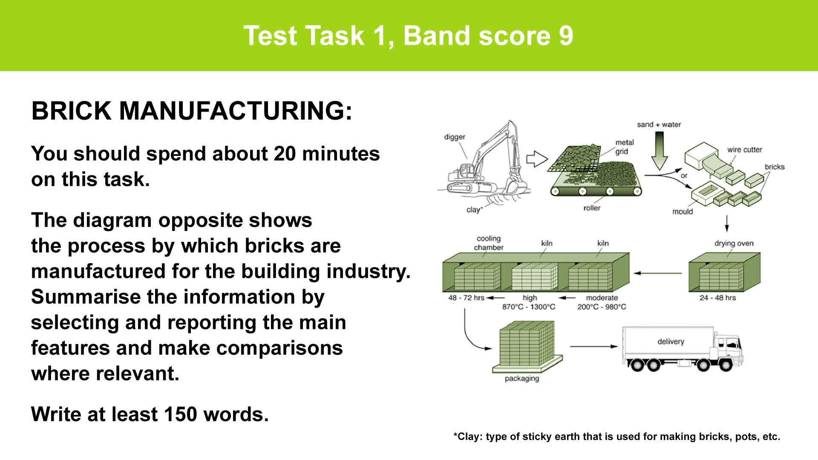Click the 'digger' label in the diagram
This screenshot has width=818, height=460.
click(455, 137)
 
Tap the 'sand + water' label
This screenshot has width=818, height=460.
click(659, 124)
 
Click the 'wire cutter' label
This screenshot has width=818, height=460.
click(744, 149)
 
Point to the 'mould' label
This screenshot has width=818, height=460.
click(683, 212)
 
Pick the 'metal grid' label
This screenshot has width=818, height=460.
click(625, 147)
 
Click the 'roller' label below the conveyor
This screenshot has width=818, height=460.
click(592, 208)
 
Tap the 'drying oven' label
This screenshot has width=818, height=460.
click(734, 244)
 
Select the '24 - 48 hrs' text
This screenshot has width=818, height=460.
click(717, 298)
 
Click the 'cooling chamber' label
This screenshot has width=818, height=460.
click(489, 243)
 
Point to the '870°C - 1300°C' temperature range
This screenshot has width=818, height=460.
click(529, 307)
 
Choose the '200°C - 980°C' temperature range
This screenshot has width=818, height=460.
click(602, 307)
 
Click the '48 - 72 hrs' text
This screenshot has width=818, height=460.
click(466, 298)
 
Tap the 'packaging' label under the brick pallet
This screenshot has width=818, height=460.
click(521, 379)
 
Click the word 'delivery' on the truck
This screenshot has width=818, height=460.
click(671, 342)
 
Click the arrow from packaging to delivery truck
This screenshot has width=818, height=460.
click(593, 346)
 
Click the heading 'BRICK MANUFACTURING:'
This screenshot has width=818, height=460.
click(192, 111)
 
